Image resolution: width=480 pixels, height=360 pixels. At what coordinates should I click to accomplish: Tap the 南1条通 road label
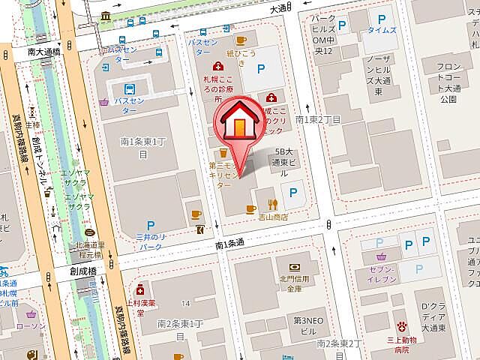coord(231,244)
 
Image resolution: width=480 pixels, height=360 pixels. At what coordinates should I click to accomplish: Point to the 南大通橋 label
coord(43,53)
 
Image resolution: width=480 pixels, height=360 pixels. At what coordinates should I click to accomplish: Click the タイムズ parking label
coord(382,31)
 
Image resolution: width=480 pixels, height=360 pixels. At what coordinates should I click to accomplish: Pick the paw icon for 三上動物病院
coord(403,325)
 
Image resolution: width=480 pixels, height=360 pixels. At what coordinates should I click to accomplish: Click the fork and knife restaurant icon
coord(273,203)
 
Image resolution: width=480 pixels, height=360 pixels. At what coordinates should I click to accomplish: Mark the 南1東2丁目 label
coord(318,119)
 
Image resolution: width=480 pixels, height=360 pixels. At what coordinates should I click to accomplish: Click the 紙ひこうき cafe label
coord(241,54)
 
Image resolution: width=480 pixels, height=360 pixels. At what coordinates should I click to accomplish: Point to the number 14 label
coord(184,304)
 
